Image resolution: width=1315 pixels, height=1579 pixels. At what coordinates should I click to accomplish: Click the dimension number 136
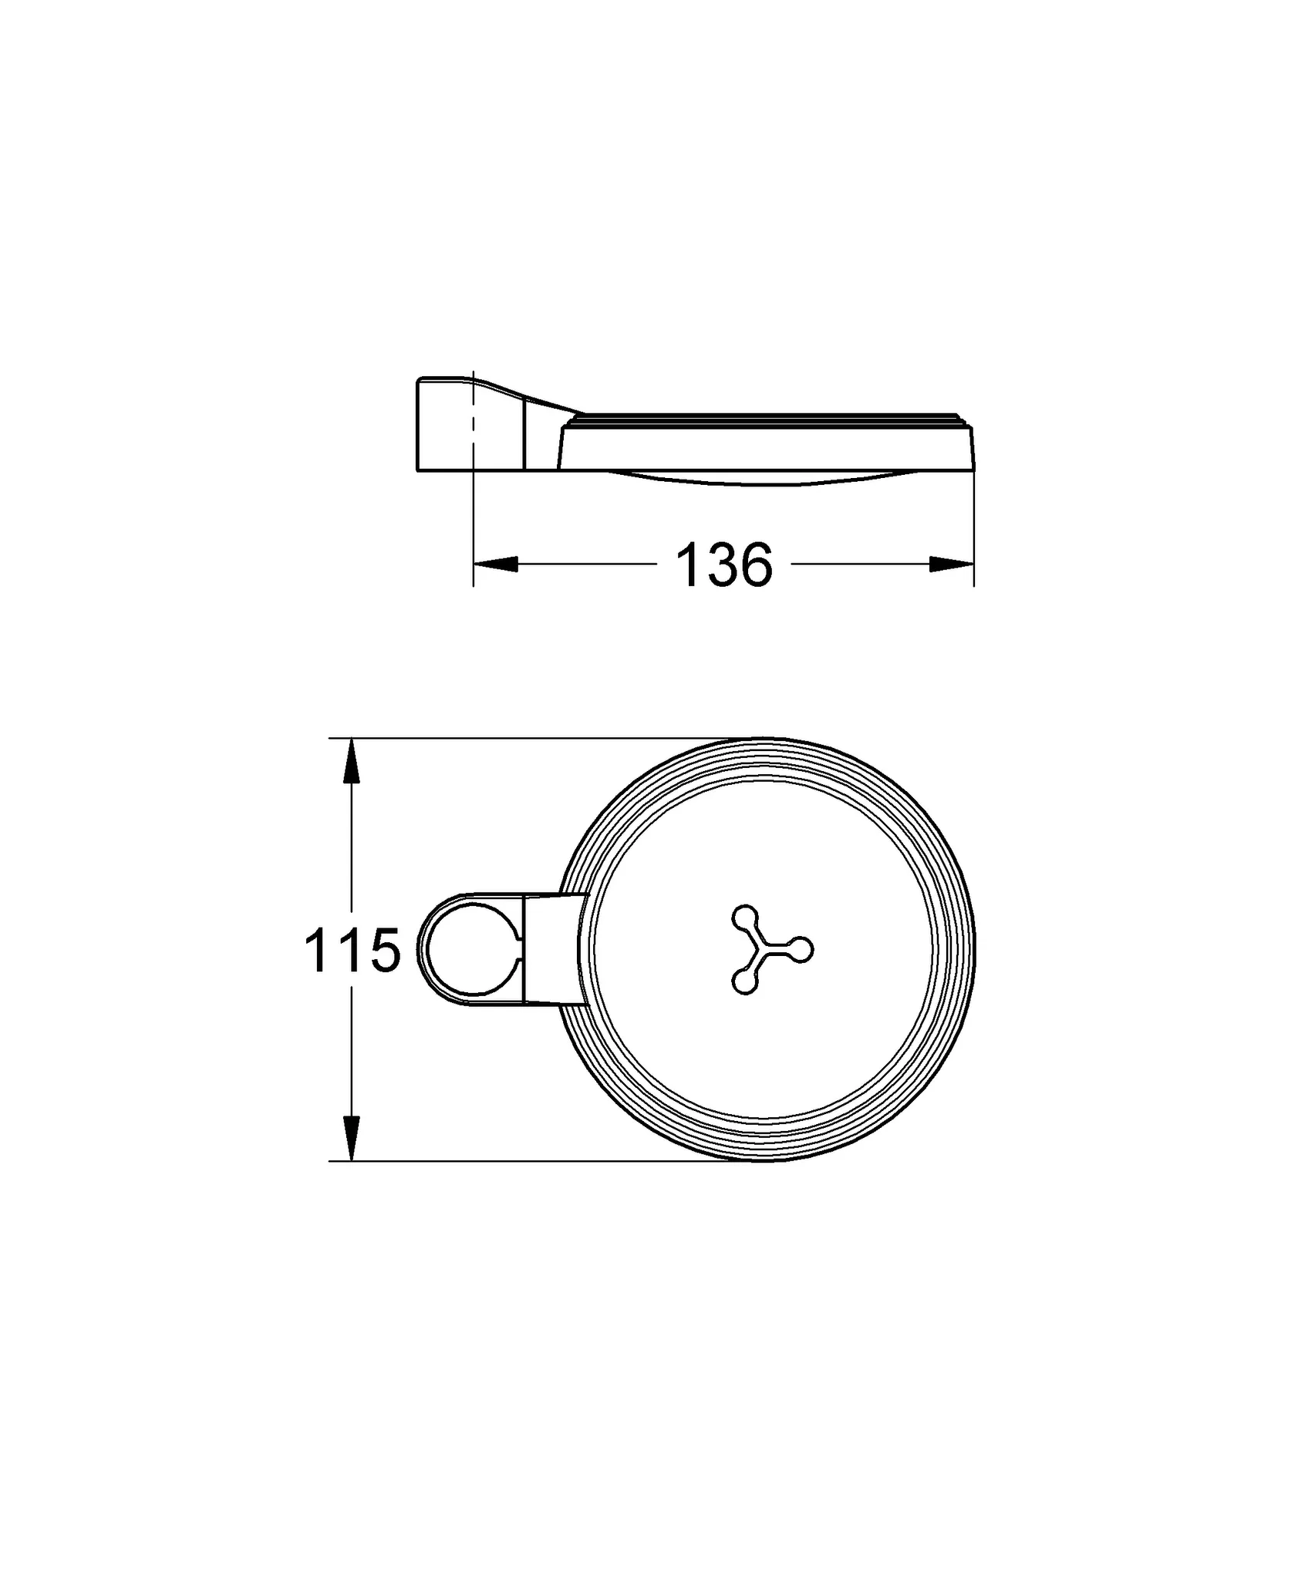(x=723, y=565)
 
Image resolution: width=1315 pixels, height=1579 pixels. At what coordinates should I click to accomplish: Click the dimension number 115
(x=352, y=951)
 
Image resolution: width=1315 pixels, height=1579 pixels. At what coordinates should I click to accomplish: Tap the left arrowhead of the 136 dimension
(x=494, y=564)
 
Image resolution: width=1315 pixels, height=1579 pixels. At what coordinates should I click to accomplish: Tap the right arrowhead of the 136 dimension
(x=953, y=564)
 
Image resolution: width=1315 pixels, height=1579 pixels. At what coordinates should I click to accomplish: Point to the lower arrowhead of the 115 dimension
(x=351, y=1138)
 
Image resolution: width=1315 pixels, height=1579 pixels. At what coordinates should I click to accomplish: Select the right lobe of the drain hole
(x=802, y=949)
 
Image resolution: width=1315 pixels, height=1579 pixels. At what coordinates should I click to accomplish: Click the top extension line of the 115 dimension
(x=540, y=738)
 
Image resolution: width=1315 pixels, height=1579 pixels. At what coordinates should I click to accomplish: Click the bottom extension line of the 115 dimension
(x=540, y=1160)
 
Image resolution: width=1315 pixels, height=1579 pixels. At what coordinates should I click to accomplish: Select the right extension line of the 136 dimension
(x=974, y=532)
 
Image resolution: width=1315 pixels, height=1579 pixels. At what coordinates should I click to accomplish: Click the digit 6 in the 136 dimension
(x=754, y=565)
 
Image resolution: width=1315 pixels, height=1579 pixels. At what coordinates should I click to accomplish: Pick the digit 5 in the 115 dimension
(x=384, y=951)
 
